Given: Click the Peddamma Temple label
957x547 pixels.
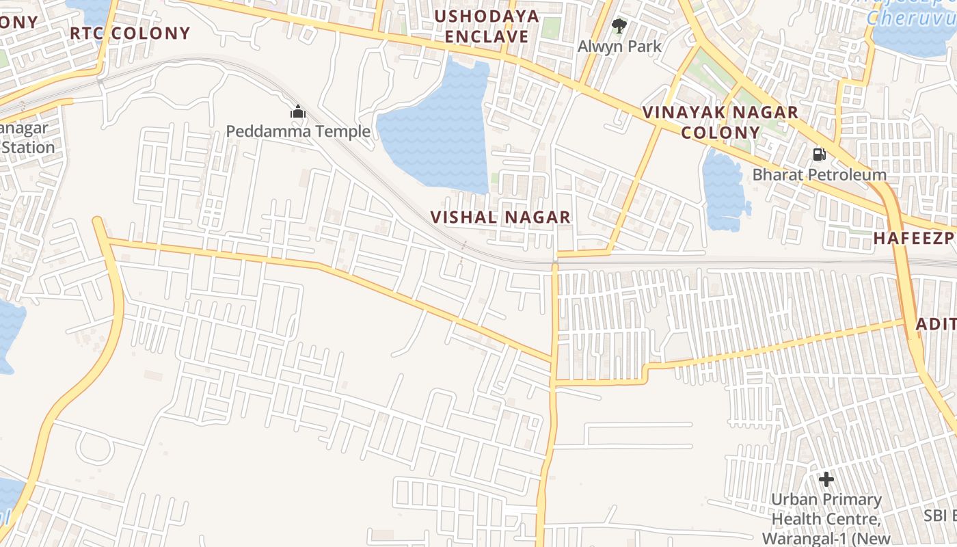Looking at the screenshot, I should point(298,131).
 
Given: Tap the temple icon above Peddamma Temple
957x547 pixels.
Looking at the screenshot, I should point(298,111).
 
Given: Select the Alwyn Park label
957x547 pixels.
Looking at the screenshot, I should point(619,46).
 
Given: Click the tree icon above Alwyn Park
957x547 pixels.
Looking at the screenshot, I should point(619,27).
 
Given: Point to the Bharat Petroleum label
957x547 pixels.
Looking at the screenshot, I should point(819,174).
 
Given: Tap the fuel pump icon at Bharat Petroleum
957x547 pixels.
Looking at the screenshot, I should point(819,155).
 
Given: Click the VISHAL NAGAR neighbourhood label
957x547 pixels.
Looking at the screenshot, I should point(500,217).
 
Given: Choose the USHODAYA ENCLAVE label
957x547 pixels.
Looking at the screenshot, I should point(487,26).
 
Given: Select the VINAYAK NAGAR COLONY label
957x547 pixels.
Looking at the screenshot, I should point(720,122).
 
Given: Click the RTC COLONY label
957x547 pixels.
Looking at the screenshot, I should point(130,33).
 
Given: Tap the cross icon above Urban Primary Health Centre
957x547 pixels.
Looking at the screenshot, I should point(826,479).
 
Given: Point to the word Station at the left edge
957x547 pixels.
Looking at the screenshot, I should point(27,147).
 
